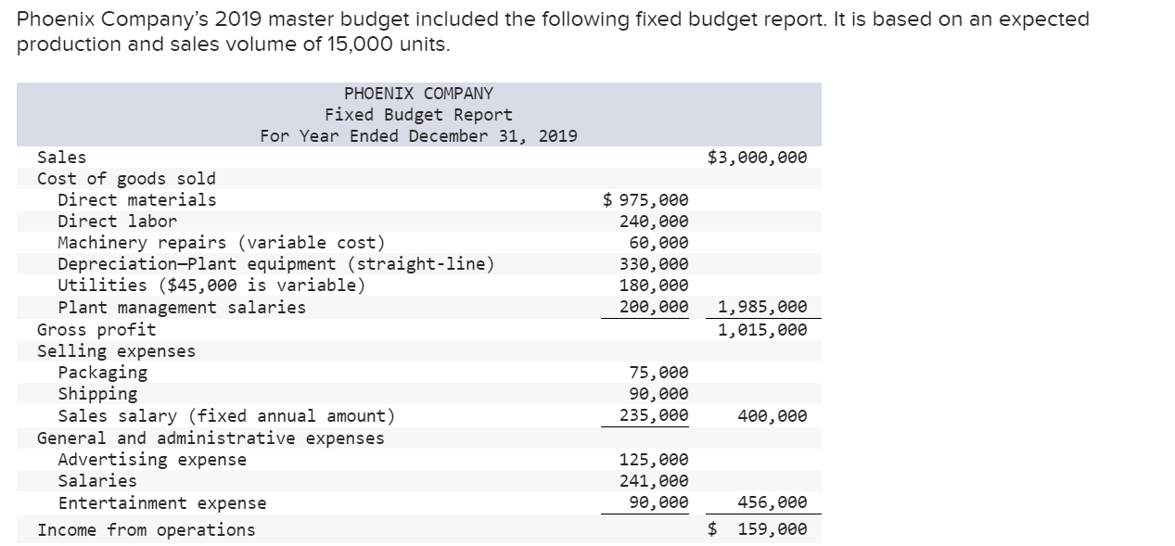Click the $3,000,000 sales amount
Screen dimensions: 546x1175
pyautogui.click(x=757, y=158)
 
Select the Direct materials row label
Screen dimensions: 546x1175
pyautogui.click(x=136, y=200)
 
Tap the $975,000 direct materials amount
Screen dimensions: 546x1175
pyautogui.click(x=645, y=200)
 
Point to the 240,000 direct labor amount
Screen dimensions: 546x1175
pyautogui.click(x=654, y=222)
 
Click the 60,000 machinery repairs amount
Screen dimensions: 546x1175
pyautogui.click(x=658, y=243)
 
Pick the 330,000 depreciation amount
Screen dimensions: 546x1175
pyautogui.click(x=654, y=264)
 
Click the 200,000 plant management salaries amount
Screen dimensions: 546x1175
pyautogui.click(x=654, y=307)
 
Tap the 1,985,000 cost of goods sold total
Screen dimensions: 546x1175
pyautogui.click(x=762, y=307)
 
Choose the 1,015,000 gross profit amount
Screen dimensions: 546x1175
pyautogui.click(x=762, y=330)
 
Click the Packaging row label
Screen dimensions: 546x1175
pyautogui.click(x=102, y=373)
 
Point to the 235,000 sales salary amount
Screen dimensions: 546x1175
pyautogui.click(x=654, y=416)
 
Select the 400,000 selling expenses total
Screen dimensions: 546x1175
pyautogui.click(x=772, y=416)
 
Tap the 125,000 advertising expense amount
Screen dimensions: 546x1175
pyautogui.click(x=654, y=460)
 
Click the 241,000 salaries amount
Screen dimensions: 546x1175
pyautogui.click(x=654, y=481)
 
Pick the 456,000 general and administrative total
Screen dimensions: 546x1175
pyautogui.click(x=772, y=503)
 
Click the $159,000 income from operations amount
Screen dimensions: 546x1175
pyautogui.click(x=758, y=530)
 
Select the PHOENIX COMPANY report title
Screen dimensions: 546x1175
pyautogui.click(x=418, y=94)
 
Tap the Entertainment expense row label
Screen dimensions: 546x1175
pyautogui.click(x=161, y=503)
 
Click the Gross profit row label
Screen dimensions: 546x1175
pyautogui.click(x=96, y=330)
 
